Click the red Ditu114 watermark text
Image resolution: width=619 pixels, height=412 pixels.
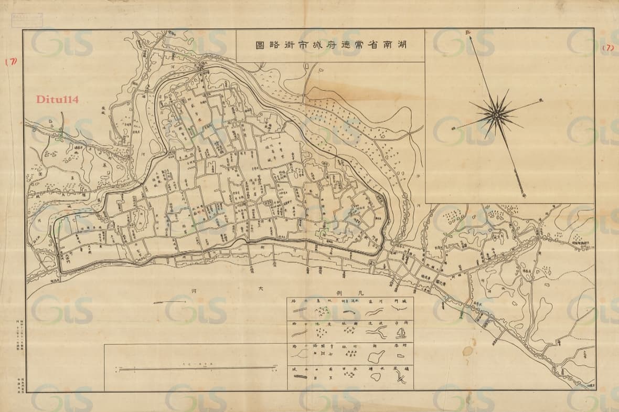(56, 100)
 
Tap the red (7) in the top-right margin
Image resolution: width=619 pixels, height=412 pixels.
(608, 47)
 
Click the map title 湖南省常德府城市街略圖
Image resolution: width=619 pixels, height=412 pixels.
(330, 46)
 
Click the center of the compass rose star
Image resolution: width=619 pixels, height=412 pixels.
(495, 113)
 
